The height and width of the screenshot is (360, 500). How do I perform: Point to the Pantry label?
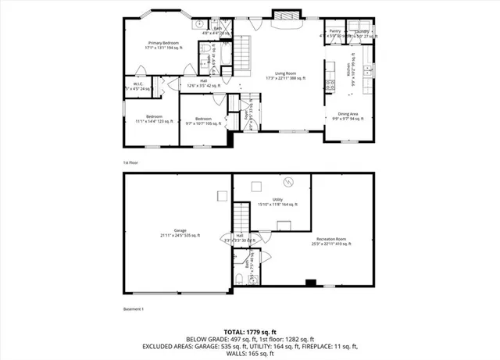coord(334,32)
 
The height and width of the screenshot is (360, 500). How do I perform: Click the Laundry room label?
coord(361,32)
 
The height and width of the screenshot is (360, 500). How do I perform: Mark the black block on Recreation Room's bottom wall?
coord(310,283)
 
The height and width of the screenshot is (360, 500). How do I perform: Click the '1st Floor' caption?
coord(130,162)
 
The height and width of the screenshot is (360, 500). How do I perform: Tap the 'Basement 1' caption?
coord(134,310)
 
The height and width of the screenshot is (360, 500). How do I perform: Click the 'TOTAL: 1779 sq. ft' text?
coord(249,330)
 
